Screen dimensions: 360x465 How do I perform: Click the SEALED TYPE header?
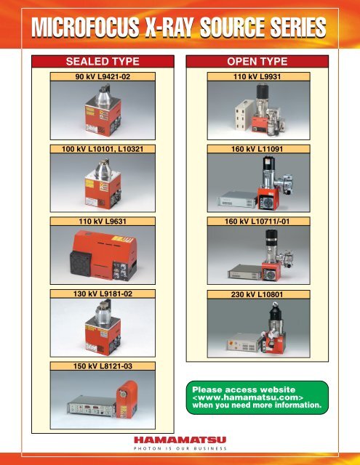pyautogui.click(x=103, y=61)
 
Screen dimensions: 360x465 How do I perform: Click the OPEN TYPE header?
pyautogui.click(x=257, y=61)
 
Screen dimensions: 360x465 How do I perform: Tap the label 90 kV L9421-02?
pyautogui.click(x=103, y=76)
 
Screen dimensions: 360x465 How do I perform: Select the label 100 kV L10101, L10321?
pyautogui.click(x=103, y=149)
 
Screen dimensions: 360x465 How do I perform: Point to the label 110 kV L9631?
pyautogui.click(x=103, y=221)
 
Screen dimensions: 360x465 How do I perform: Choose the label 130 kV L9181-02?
pyautogui.click(x=103, y=294)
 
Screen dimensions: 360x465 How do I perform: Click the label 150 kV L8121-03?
pyautogui.click(x=103, y=366)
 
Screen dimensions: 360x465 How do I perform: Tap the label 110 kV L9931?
pyautogui.click(x=257, y=76)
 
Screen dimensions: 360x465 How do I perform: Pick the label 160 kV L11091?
pyautogui.click(x=257, y=149)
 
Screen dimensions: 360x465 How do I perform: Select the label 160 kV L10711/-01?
pyautogui.click(x=257, y=221)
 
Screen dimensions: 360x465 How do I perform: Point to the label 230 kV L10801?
pyautogui.click(x=257, y=294)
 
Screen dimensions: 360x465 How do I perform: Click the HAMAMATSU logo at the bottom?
pyautogui.click(x=180, y=440)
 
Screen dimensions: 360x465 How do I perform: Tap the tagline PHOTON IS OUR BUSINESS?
pyautogui.click(x=180, y=448)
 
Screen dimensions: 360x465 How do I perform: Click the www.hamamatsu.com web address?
pyautogui.click(x=248, y=397)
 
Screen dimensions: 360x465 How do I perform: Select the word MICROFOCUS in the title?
pyautogui.click(x=85, y=28)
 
